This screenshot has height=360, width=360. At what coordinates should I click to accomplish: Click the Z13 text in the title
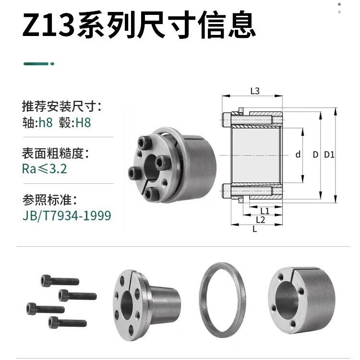point(48,26)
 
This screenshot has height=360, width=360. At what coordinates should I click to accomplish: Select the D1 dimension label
point(329,155)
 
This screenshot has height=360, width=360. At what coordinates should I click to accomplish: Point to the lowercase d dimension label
point(298,155)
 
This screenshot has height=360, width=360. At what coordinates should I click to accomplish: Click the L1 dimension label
point(264,211)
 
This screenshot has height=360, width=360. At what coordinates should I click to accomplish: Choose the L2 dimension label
point(261,220)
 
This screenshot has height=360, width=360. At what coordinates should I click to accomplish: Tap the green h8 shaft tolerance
point(46,122)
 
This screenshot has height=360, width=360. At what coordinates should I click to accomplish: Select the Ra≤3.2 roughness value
point(44,169)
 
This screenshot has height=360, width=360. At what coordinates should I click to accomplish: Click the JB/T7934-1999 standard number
point(67,216)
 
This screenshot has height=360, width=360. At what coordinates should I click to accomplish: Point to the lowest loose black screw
point(67,322)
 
